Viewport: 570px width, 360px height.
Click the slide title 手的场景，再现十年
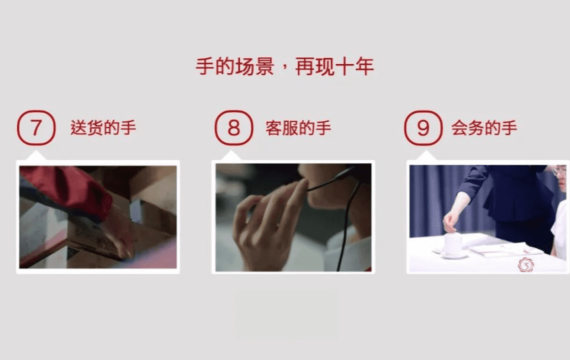[285, 67]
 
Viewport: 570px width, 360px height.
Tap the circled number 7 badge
[36, 128]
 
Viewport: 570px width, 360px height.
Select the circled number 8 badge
[233, 128]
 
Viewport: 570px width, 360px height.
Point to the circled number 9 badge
[423, 128]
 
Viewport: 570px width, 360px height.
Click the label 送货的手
[103, 128]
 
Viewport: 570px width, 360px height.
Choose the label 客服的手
[298, 128]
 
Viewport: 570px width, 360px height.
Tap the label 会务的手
[484, 128]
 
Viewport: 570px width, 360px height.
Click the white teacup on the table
[453, 245]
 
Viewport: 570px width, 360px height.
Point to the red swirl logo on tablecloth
[525, 264]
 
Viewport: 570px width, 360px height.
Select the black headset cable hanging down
[346, 225]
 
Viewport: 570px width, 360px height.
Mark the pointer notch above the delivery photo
[36, 156]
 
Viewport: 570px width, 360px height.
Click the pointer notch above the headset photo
[231, 156]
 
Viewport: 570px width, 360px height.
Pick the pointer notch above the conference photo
[426, 156]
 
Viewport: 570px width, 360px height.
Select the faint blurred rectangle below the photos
[287, 315]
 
